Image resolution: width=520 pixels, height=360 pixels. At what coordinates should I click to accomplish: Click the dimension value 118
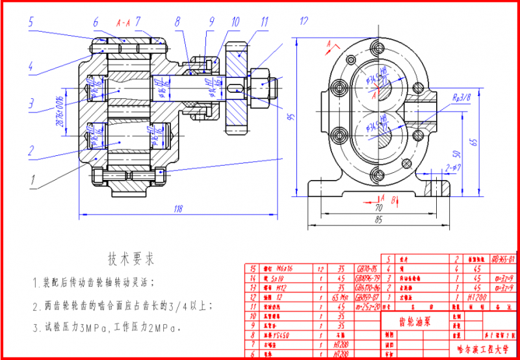tap(177, 209)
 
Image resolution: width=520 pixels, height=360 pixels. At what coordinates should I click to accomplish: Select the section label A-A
tap(123, 23)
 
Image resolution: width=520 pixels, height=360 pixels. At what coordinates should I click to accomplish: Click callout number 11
tap(264, 21)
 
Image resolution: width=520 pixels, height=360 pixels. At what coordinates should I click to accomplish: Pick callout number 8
tap(177, 21)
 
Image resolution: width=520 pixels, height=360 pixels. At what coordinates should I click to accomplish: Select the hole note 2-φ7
tap(454, 168)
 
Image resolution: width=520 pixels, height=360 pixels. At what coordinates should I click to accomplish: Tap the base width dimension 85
tap(378, 220)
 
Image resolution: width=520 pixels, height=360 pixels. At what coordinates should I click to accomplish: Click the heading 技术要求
tap(131, 259)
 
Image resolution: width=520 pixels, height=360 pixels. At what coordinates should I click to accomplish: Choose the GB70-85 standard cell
tap(365, 267)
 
